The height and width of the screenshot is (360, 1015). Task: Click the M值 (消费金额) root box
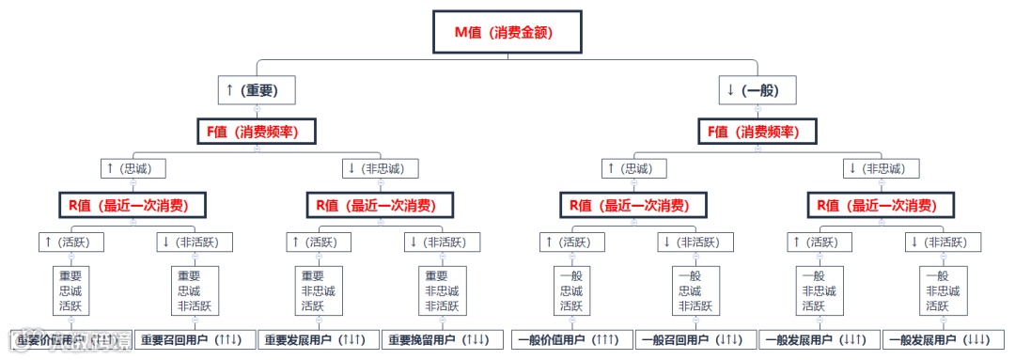[x=507, y=32]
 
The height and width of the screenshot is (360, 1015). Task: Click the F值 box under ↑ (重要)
[x=257, y=131]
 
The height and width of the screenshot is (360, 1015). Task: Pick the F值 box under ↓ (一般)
[x=757, y=131]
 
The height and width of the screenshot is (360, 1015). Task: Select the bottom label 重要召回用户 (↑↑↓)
[x=195, y=339]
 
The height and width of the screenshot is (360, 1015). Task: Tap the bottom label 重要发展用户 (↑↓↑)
[x=320, y=339]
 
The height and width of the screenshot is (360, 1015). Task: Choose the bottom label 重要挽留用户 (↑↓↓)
[x=445, y=339]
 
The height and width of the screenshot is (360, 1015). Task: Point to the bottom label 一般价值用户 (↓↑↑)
[x=570, y=339]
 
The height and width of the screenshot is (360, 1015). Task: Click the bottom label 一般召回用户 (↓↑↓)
[x=695, y=339]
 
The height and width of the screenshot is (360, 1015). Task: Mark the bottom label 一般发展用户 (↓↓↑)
[x=820, y=339]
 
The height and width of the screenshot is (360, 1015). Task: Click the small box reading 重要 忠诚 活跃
[x=70, y=290]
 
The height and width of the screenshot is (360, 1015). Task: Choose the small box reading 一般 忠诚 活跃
[x=570, y=290]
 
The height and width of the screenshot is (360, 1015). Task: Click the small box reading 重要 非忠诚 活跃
[x=319, y=290]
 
